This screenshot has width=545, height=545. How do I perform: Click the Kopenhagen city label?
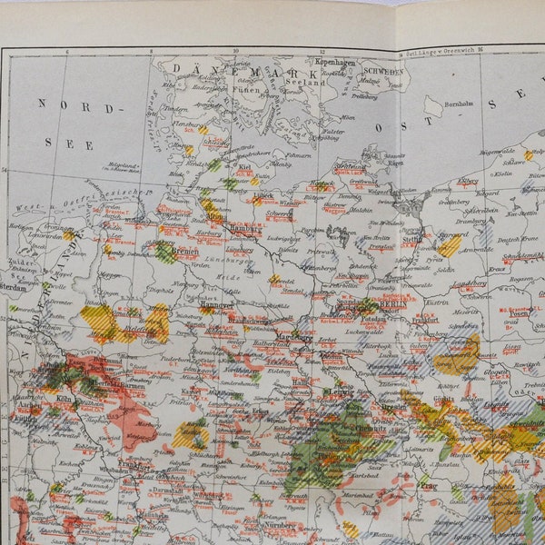point(335,62)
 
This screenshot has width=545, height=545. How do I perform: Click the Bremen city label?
point(185,250)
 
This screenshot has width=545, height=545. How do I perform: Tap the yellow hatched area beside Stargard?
point(450,245)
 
